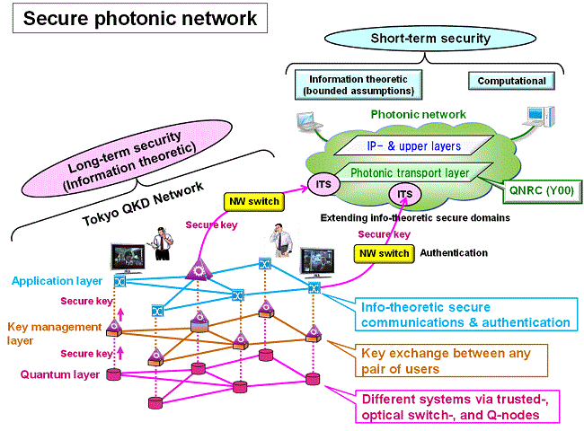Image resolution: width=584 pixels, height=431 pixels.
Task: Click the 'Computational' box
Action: coord(511,81)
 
